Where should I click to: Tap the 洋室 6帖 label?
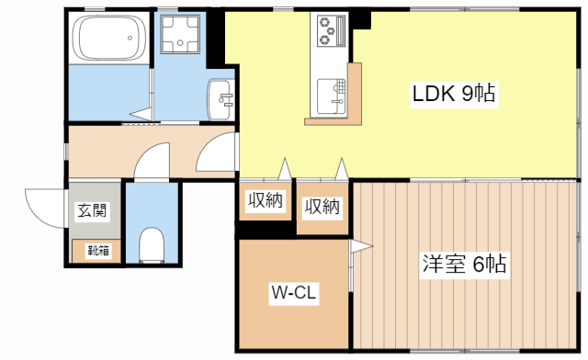coord(465,264)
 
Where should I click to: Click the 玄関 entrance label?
coord(91,210)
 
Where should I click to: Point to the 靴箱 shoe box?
coord(95,249)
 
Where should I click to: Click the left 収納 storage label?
coord(265,201)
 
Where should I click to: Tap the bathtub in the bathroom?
coord(107,39)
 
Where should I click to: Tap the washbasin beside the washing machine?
coord(220,95)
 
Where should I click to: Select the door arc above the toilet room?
coord(150,163)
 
